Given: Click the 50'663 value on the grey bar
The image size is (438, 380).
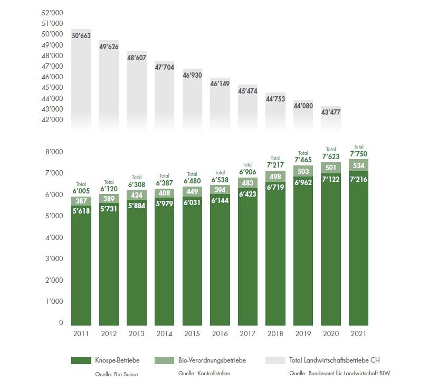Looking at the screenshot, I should (x=81, y=36).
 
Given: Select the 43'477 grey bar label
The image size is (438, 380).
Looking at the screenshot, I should (x=330, y=112).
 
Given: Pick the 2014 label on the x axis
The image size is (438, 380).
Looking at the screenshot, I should (x=164, y=334).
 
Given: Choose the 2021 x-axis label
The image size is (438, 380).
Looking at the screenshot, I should (x=358, y=334).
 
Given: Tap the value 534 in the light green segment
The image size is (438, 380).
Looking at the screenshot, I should (x=358, y=166).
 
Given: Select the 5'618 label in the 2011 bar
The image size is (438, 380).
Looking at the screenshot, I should (x=81, y=210).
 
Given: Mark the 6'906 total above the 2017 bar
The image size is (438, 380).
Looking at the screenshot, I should (x=247, y=172).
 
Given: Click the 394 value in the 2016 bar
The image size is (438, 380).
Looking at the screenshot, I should (x=220, y=190).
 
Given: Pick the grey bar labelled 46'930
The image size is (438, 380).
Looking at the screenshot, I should (x=192, y=76).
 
